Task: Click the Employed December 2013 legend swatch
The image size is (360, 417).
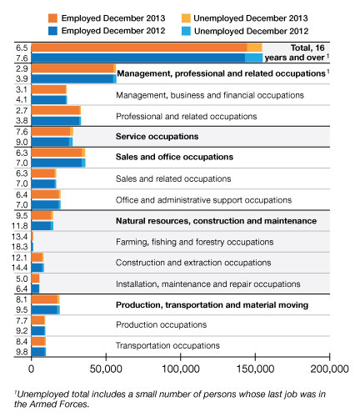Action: click(x=52, y=18)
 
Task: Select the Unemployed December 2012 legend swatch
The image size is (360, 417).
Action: click(x=186, y=31)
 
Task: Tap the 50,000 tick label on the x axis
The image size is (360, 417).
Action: click(x=106, y=369)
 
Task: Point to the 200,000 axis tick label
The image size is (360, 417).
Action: click(x=329, y=369)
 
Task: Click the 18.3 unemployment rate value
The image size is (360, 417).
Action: click(x=20, y=247)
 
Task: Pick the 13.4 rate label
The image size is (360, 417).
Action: click(x=20, y=237)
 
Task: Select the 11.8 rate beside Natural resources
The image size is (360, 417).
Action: click(x=20, y=226)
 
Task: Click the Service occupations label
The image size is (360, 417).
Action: click(x=157, y=137)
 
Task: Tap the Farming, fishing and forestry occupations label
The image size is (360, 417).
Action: click(x=195, y=242)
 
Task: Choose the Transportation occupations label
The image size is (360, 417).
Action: click(x=167, y=345)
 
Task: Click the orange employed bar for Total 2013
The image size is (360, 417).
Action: click(x=139, y=48)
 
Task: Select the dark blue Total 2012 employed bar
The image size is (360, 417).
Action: click(x=138, y=58)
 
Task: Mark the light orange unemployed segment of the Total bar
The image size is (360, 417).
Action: click(x=255, y=48)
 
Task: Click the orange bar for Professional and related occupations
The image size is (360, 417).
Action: click(x=55, y=111)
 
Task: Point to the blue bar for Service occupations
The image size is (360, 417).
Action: click(x=50, y=142)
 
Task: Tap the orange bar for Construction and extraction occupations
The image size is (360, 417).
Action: click(x=37, y=258)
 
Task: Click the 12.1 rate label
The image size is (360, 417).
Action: click(x=20, y=258)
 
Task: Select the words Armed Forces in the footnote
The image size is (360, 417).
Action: click(x=59, y=404)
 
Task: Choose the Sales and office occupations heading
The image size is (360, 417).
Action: click(x=174, y=157)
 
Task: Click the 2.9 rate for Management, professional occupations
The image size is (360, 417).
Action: click(x=22, y=68)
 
